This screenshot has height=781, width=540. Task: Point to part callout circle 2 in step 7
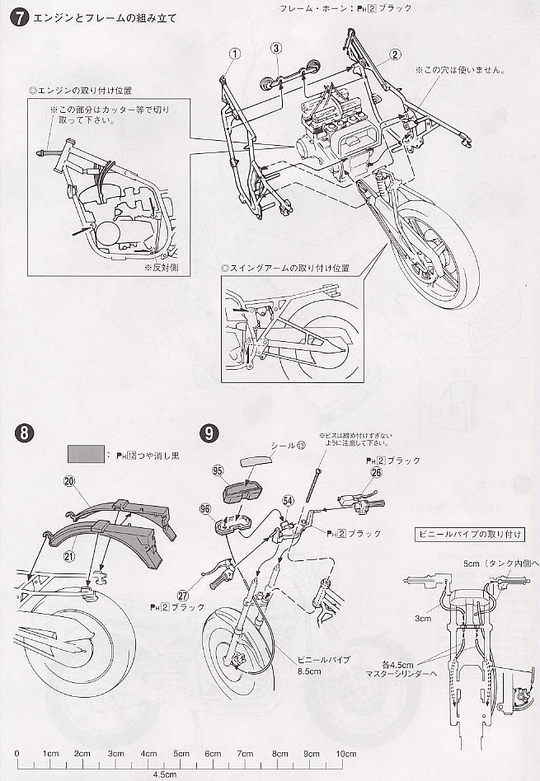point(395,55)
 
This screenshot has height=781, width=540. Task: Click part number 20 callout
point(69,483)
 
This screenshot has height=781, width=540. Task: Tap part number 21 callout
point(69,556)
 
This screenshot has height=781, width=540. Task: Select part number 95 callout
point(218,470)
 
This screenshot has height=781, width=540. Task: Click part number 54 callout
point(288,500)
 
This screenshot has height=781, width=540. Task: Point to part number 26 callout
point(376,473)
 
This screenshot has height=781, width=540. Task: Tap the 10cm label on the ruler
point(345,754)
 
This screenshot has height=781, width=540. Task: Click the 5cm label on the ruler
point(181,754)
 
